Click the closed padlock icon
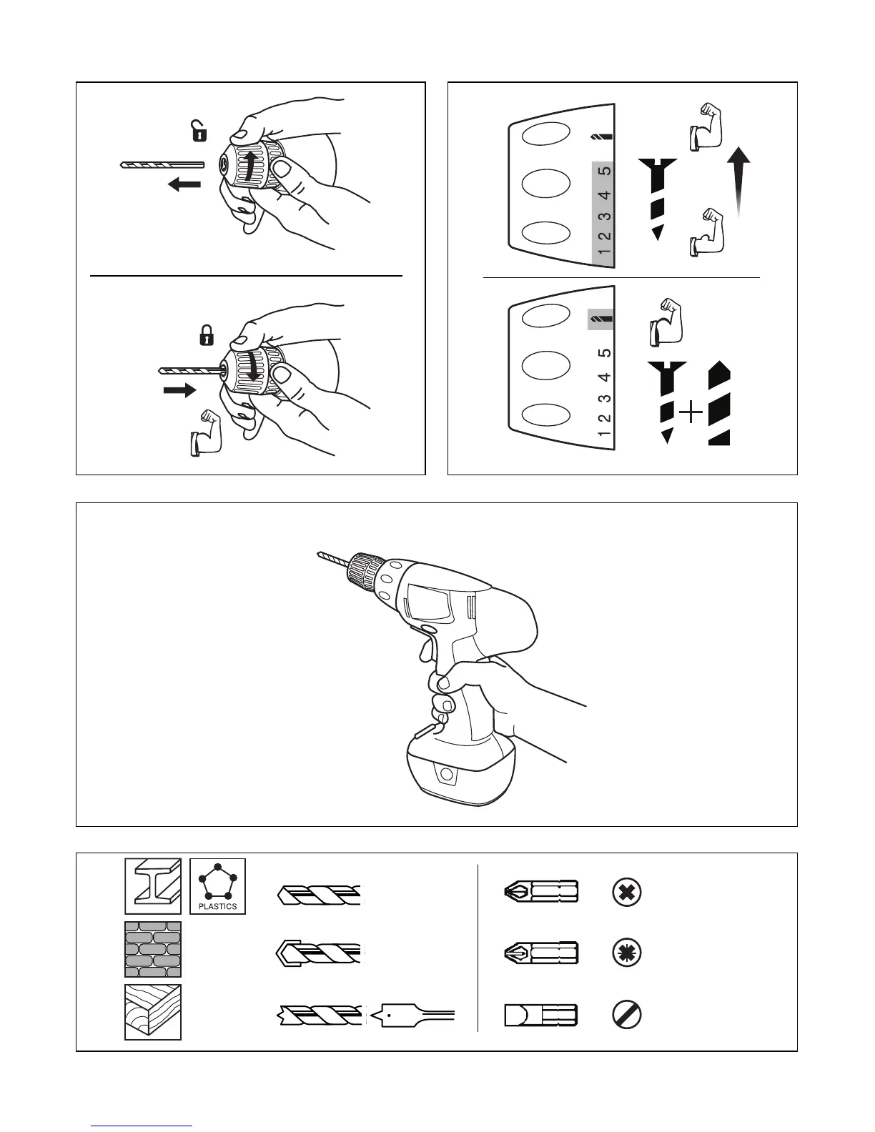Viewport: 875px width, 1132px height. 206,334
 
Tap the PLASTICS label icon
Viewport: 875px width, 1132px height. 217,886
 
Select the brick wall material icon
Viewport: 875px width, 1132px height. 153,949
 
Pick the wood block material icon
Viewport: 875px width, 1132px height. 153,1012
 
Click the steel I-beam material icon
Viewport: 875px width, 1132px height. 153,886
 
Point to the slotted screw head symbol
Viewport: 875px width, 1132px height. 627,1015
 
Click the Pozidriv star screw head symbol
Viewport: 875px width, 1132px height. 627,953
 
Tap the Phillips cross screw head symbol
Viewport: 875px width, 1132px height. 627,892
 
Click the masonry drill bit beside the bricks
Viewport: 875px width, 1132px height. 320,953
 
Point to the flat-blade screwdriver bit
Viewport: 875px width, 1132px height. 540,1015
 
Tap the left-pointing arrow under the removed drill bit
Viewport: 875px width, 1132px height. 184,185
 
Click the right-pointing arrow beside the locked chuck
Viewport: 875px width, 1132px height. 178,390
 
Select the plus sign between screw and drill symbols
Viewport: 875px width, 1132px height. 690,413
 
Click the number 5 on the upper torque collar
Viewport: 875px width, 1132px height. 605,172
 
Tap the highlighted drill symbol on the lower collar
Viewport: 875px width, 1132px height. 600,319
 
